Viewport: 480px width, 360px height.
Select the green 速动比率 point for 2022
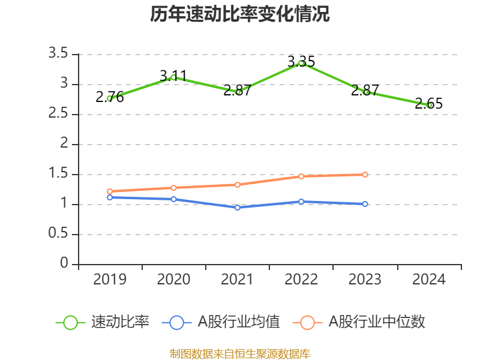point(301,63)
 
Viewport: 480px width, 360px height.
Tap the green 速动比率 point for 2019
point(110,98)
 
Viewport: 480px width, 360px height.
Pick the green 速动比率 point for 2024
point(429,105)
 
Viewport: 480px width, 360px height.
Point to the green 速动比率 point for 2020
point(173,77)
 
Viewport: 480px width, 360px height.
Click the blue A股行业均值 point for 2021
point(238,208)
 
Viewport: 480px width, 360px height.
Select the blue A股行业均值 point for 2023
point(365,204)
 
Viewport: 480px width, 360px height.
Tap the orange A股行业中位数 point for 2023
point(365,175)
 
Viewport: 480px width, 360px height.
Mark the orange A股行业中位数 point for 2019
point(110,191)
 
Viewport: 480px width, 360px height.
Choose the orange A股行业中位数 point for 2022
point(301,176)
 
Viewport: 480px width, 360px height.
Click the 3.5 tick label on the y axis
point(59,54)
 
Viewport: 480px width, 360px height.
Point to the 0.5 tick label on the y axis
point(59,234)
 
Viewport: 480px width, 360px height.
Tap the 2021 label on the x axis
point(238,280)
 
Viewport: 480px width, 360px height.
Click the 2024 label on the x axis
point(429,280)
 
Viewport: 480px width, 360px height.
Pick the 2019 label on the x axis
point(110,280)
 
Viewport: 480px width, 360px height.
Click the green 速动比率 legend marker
point(71,322)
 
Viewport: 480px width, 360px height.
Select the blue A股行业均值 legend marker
point(176,322)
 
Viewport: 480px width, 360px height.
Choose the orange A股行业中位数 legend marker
point(307,322)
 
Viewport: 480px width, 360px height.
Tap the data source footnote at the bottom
point(240,353)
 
